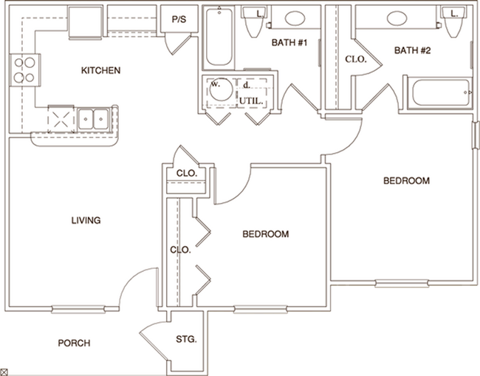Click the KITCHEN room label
100,71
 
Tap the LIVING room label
86,220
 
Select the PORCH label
74,343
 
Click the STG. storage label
187,341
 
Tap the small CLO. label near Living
185,174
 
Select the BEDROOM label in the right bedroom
406,181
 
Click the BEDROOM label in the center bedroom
266,234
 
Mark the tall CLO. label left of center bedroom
181,250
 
